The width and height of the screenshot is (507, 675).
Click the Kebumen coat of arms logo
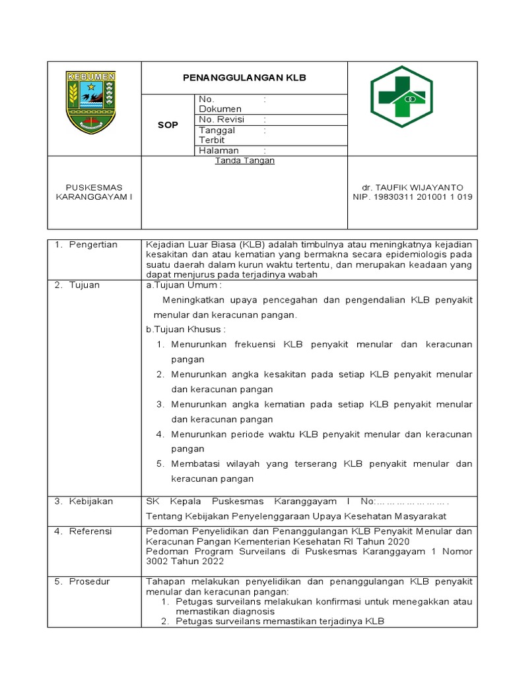92,102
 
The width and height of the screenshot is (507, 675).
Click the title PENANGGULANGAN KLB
244,78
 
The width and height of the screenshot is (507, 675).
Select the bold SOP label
168,125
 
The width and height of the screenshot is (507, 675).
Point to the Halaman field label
219,150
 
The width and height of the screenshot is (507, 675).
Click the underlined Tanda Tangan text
244,160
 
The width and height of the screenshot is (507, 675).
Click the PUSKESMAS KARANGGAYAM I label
93,192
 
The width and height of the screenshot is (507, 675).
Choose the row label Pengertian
93,245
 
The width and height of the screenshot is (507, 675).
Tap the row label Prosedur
90,581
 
